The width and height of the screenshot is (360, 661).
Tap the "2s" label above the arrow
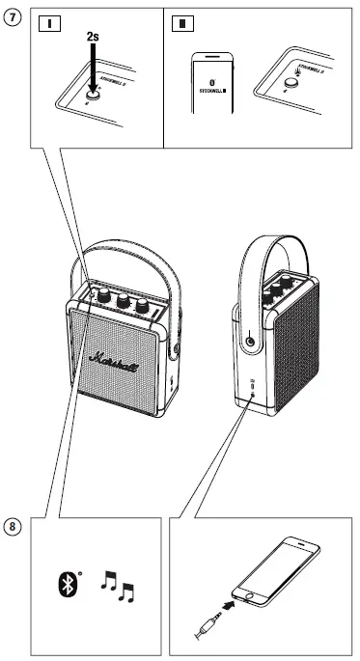pos(94,36)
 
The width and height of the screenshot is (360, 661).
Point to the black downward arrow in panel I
pos(94,68)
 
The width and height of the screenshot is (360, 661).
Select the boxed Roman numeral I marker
pos(43,22)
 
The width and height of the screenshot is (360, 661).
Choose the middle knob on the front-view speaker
pos(123,301)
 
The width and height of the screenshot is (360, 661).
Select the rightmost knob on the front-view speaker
pos(144,306)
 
